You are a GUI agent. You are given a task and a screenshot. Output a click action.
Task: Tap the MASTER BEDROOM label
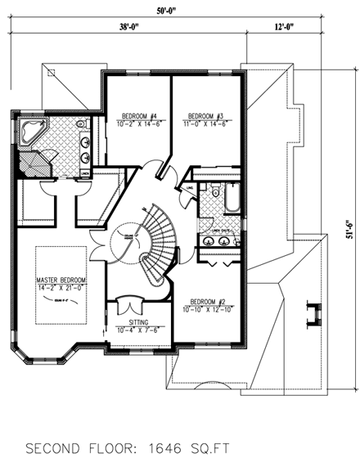pos(60,278)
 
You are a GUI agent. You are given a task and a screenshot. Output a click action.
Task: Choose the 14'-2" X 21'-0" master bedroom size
pos(60,287)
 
